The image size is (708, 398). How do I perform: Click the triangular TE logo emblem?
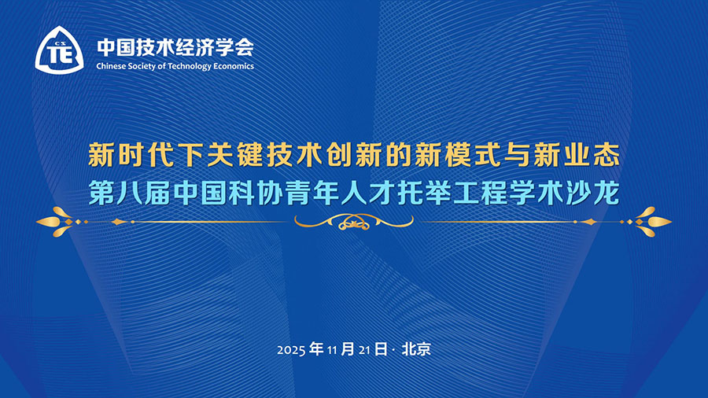[x=60, y=50]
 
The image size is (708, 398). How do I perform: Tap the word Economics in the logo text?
[x=234, y=66]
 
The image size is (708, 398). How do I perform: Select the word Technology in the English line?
[x=189, y=67]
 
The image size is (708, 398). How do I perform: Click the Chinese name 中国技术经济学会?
[x=175, y=47]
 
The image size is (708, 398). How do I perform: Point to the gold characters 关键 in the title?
[x=235, y=155]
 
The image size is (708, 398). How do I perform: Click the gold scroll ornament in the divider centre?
[x=354, y=222]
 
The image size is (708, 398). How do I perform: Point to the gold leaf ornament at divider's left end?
[x=61, y=222]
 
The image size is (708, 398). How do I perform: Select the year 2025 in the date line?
[x=291, y=350]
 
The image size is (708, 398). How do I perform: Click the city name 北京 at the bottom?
[x=416, y=348]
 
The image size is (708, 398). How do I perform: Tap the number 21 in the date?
[x=364, y=350]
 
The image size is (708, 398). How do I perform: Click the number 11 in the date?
[x=332, y=350]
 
